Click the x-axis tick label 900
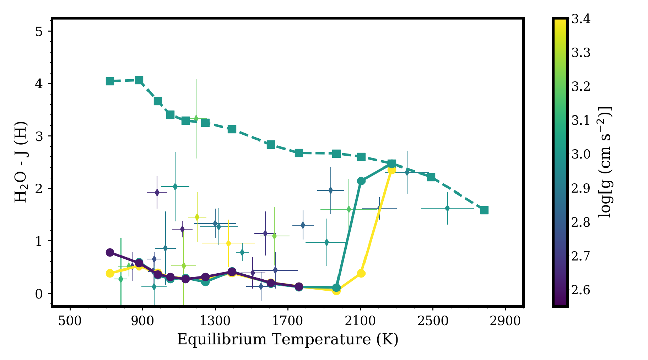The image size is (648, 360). [142, 320]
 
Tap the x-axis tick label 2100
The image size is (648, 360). [360, 320]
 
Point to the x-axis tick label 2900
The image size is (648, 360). [505, 320]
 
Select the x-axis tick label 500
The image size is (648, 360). [70, 320]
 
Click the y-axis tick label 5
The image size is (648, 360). [39, 32]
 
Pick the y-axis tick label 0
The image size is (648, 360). [39, 294]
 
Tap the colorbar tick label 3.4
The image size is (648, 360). [581, 19]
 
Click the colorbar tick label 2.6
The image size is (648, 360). [581, 290]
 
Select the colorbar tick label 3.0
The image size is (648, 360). [581, 154]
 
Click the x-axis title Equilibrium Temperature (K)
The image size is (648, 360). [288, 339]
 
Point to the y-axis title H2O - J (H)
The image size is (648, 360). [21, 162]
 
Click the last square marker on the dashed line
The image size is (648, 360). [484, 210]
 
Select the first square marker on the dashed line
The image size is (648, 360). [110, 81]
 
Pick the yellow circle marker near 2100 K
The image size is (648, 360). [361, 273]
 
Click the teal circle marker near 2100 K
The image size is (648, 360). [361, 181]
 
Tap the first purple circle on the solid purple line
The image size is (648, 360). [110, 252]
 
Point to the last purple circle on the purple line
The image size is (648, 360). [299, 287]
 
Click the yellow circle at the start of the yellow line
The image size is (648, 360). [110, 273]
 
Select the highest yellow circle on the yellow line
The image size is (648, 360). [391, 170]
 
